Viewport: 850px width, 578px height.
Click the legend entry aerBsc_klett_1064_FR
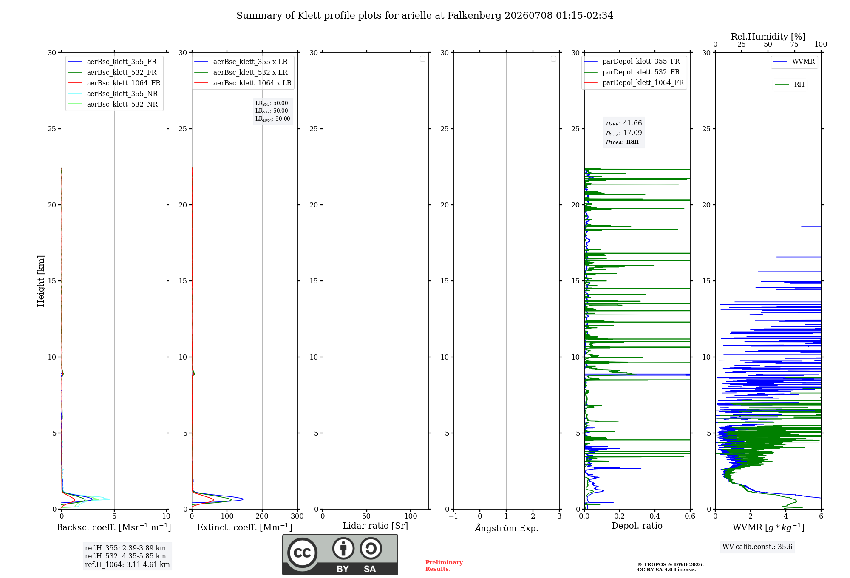coord(114,83)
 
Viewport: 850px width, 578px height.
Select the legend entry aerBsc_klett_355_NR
coord(113,93)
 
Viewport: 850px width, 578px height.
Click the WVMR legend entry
coord(794,62)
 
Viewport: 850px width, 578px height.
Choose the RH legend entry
coord(790,85)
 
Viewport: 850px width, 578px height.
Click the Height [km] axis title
coord(41,281)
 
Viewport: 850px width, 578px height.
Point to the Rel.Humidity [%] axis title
coord(768,37)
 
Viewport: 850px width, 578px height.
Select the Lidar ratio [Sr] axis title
coord(375,526)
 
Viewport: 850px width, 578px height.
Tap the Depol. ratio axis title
coord(637,526)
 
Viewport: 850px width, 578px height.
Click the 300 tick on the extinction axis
coord(297,516)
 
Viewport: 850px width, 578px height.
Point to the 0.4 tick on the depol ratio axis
coord(655,516)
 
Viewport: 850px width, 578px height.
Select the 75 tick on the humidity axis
coord(794,45)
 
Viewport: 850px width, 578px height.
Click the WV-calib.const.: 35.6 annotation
coord(757,547)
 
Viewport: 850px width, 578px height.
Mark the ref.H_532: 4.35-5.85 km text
coord(125,556)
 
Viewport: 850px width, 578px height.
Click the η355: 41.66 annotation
coord(624,123)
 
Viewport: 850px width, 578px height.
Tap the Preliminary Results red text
coord(444,566)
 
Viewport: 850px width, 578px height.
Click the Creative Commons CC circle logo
coord(302,553)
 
